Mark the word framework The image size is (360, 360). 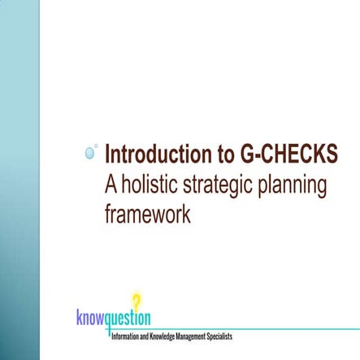pyautogui.click(x=147, y=215)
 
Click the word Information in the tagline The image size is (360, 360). pyautogui.click(x=125, y=335)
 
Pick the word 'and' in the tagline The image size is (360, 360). pyautogui.click(x=144, y=335)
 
